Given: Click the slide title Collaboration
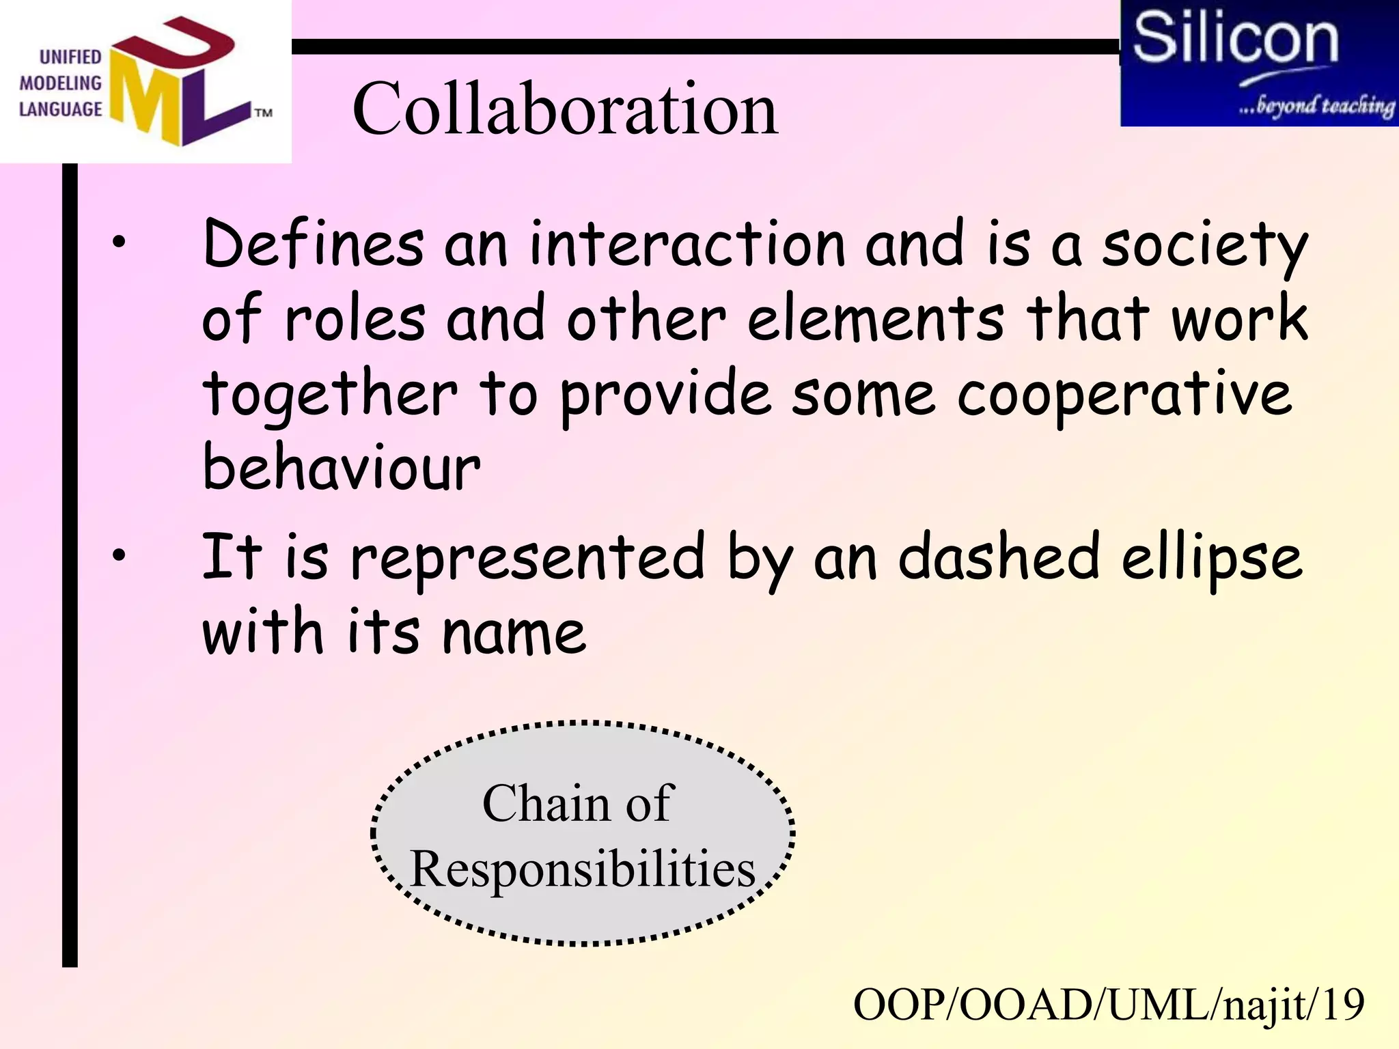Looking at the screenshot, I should (565, 109).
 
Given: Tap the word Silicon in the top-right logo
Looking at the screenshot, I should (1235, 40).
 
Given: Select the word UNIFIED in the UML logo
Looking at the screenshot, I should (70, 57).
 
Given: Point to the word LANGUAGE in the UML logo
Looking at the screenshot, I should (60, 109).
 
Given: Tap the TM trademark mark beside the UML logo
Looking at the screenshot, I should (264, 113).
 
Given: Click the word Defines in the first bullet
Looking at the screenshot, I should (314, 244).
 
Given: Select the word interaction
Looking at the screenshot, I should (688, 244).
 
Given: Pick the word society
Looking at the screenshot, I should (1205, 246).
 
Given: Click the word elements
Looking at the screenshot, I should (876, 319).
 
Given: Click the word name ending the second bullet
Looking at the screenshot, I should (514, 633).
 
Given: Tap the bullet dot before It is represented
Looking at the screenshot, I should (120, 555).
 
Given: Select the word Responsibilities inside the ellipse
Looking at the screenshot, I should (583, 869).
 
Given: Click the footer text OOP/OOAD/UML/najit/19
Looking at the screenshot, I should (1109, 1005).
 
